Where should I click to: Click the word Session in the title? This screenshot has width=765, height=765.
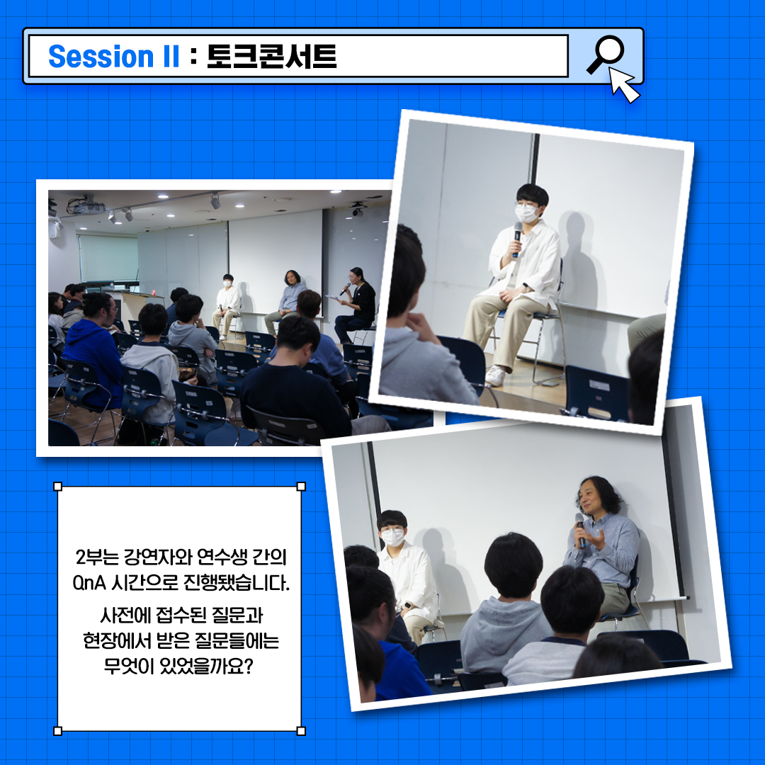101,56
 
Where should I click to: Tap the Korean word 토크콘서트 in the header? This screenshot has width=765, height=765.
272,56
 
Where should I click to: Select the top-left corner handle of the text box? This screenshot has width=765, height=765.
57,487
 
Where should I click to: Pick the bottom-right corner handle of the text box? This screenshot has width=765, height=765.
301,731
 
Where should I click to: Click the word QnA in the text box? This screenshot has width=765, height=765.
89,582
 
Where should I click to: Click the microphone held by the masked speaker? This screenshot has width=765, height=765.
516,239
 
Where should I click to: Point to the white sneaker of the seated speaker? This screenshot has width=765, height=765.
496,375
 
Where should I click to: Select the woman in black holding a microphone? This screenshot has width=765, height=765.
356,305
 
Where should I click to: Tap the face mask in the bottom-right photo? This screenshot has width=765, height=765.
392,537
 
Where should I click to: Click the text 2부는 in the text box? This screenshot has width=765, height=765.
97,557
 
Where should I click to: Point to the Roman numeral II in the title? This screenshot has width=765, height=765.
170,56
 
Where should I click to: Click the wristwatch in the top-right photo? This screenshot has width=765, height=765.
526,287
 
